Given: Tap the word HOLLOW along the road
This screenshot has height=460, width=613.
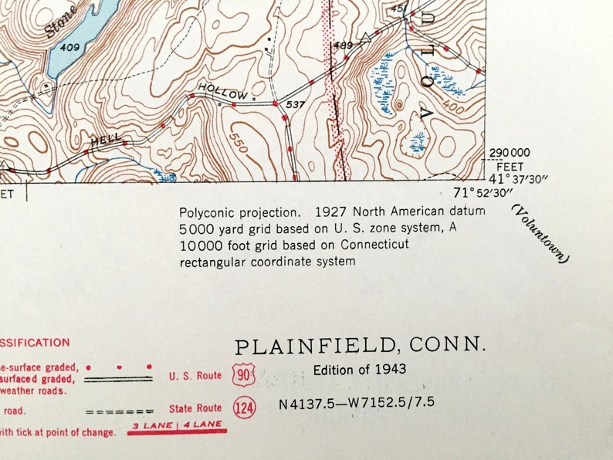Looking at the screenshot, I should [223, 93].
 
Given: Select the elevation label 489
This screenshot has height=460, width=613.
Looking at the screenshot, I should [343, 46].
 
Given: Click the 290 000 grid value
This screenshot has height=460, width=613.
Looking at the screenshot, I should [510, 153].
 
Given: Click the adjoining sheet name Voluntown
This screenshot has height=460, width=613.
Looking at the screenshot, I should [540, 234].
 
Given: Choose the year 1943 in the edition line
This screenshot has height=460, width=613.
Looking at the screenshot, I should [391, 370].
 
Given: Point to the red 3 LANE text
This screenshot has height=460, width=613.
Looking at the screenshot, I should [151, 425].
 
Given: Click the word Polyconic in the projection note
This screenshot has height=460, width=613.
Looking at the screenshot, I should [205, 211].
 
